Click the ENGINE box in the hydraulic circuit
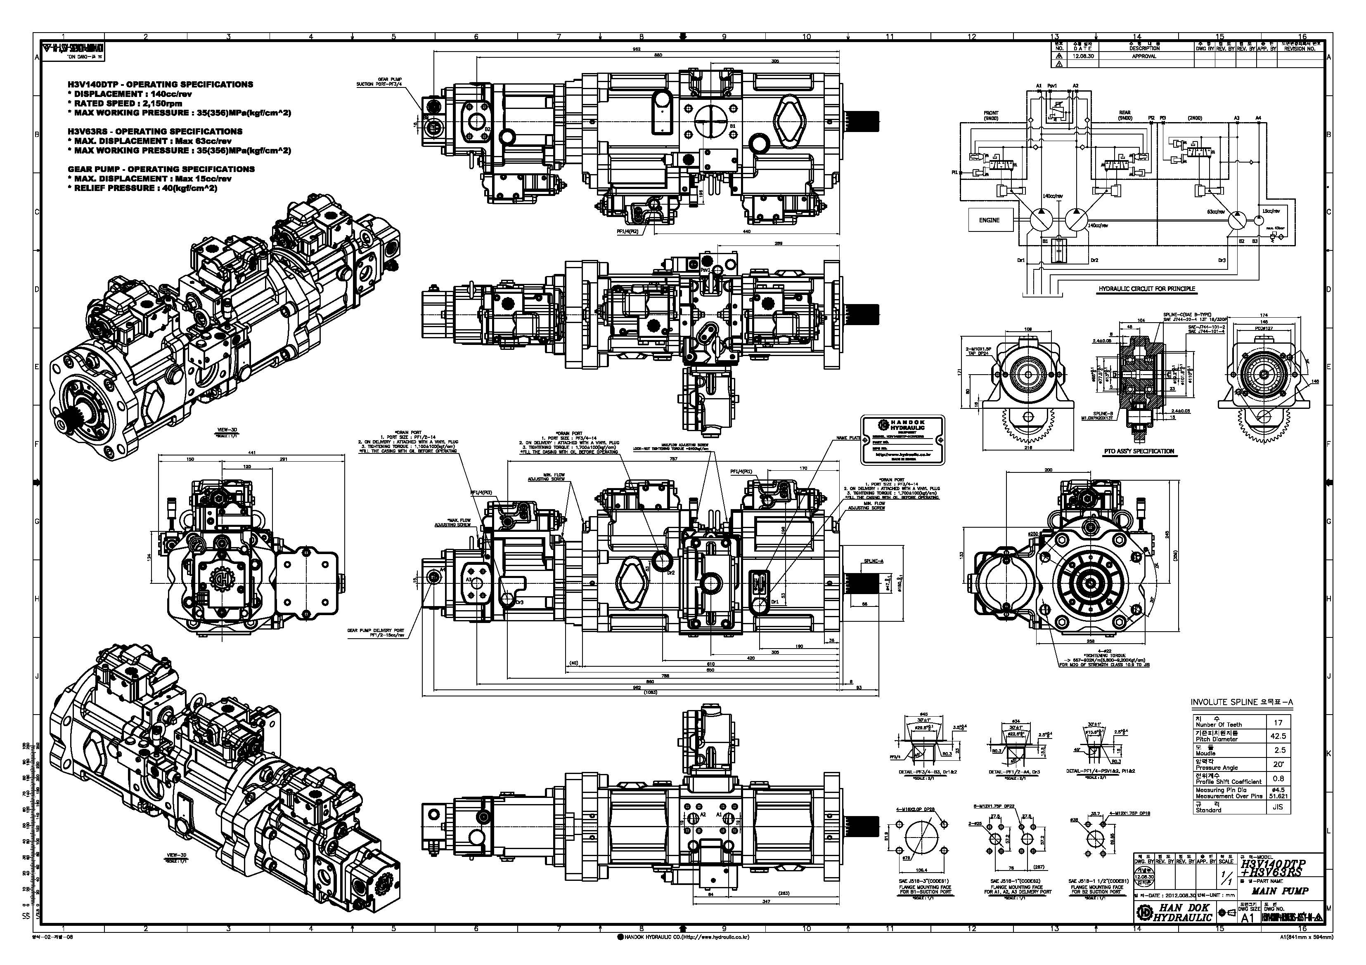tap(989, 220)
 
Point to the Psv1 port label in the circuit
tap(1052, 86)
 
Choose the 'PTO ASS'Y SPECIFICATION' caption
tap(1139, 451)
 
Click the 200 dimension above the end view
tap(1048, 470)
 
